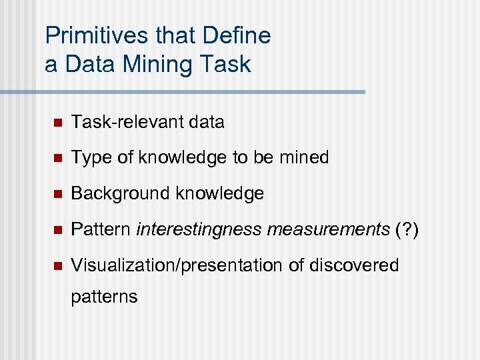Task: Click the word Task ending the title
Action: point(228,65)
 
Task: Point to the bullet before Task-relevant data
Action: point(57,123)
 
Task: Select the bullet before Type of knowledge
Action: point(57,159)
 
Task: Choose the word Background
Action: point(120,194)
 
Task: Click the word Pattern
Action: point(101,230)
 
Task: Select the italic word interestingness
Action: point(199,230)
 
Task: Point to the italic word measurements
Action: point(328,230)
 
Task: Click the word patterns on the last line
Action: point(104,296)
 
